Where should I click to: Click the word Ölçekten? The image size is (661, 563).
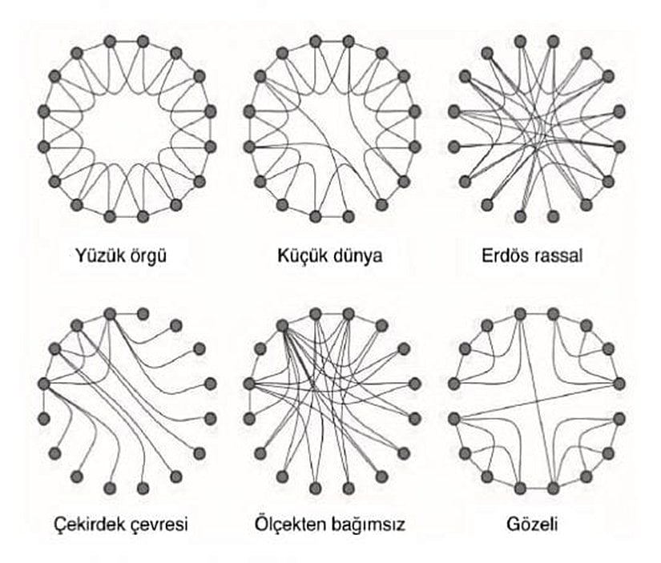(290, 525)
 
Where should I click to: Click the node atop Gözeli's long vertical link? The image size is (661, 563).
(519, 315)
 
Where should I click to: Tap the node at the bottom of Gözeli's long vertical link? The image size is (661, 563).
(554, 488)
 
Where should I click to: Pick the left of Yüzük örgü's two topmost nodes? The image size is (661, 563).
(110, 42)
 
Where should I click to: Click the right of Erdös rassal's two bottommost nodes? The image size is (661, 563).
(553, 216)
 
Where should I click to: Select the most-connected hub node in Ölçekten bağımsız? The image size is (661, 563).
(282, 325)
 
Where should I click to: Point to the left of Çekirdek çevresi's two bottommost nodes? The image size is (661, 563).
(110, 488)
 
